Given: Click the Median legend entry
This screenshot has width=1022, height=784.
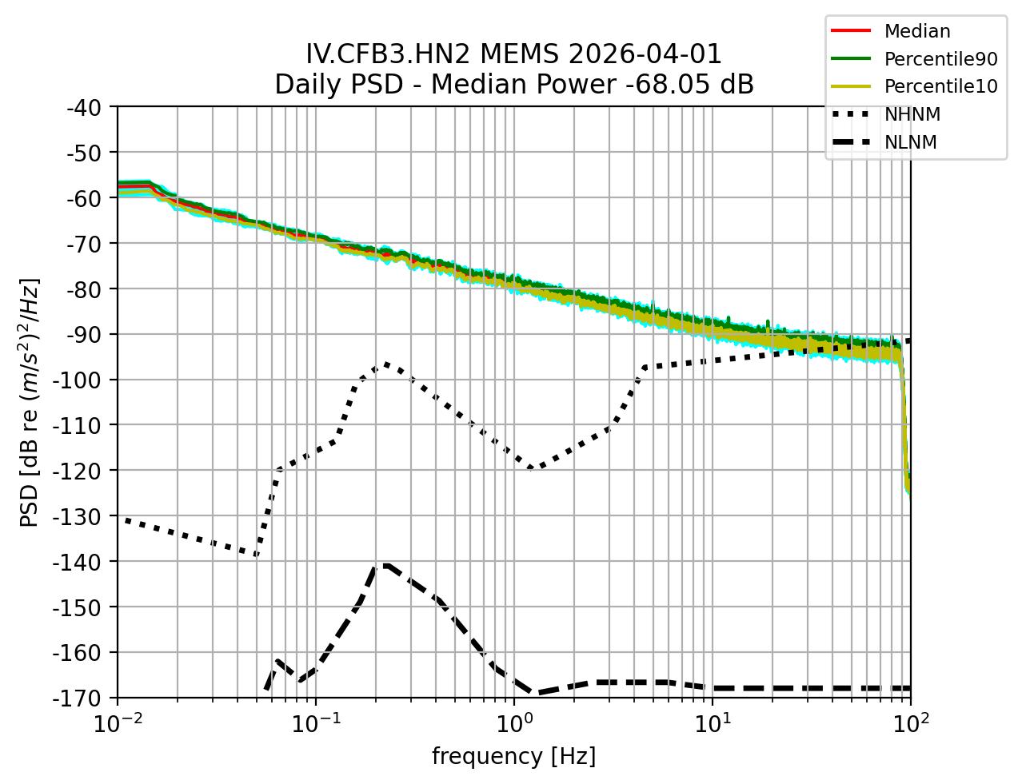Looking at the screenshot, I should [x=916, y=31].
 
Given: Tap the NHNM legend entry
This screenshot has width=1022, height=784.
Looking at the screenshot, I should [x=912, y=114].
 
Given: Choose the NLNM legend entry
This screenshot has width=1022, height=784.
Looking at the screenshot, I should [x=910, y=142].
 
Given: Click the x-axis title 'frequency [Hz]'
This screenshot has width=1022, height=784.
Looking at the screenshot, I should [x=513, y=756].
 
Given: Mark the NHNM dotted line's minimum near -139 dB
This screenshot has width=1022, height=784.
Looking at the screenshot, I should [x=256, y=554].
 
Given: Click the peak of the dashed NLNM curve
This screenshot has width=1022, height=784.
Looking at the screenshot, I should [x=385, y=565].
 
